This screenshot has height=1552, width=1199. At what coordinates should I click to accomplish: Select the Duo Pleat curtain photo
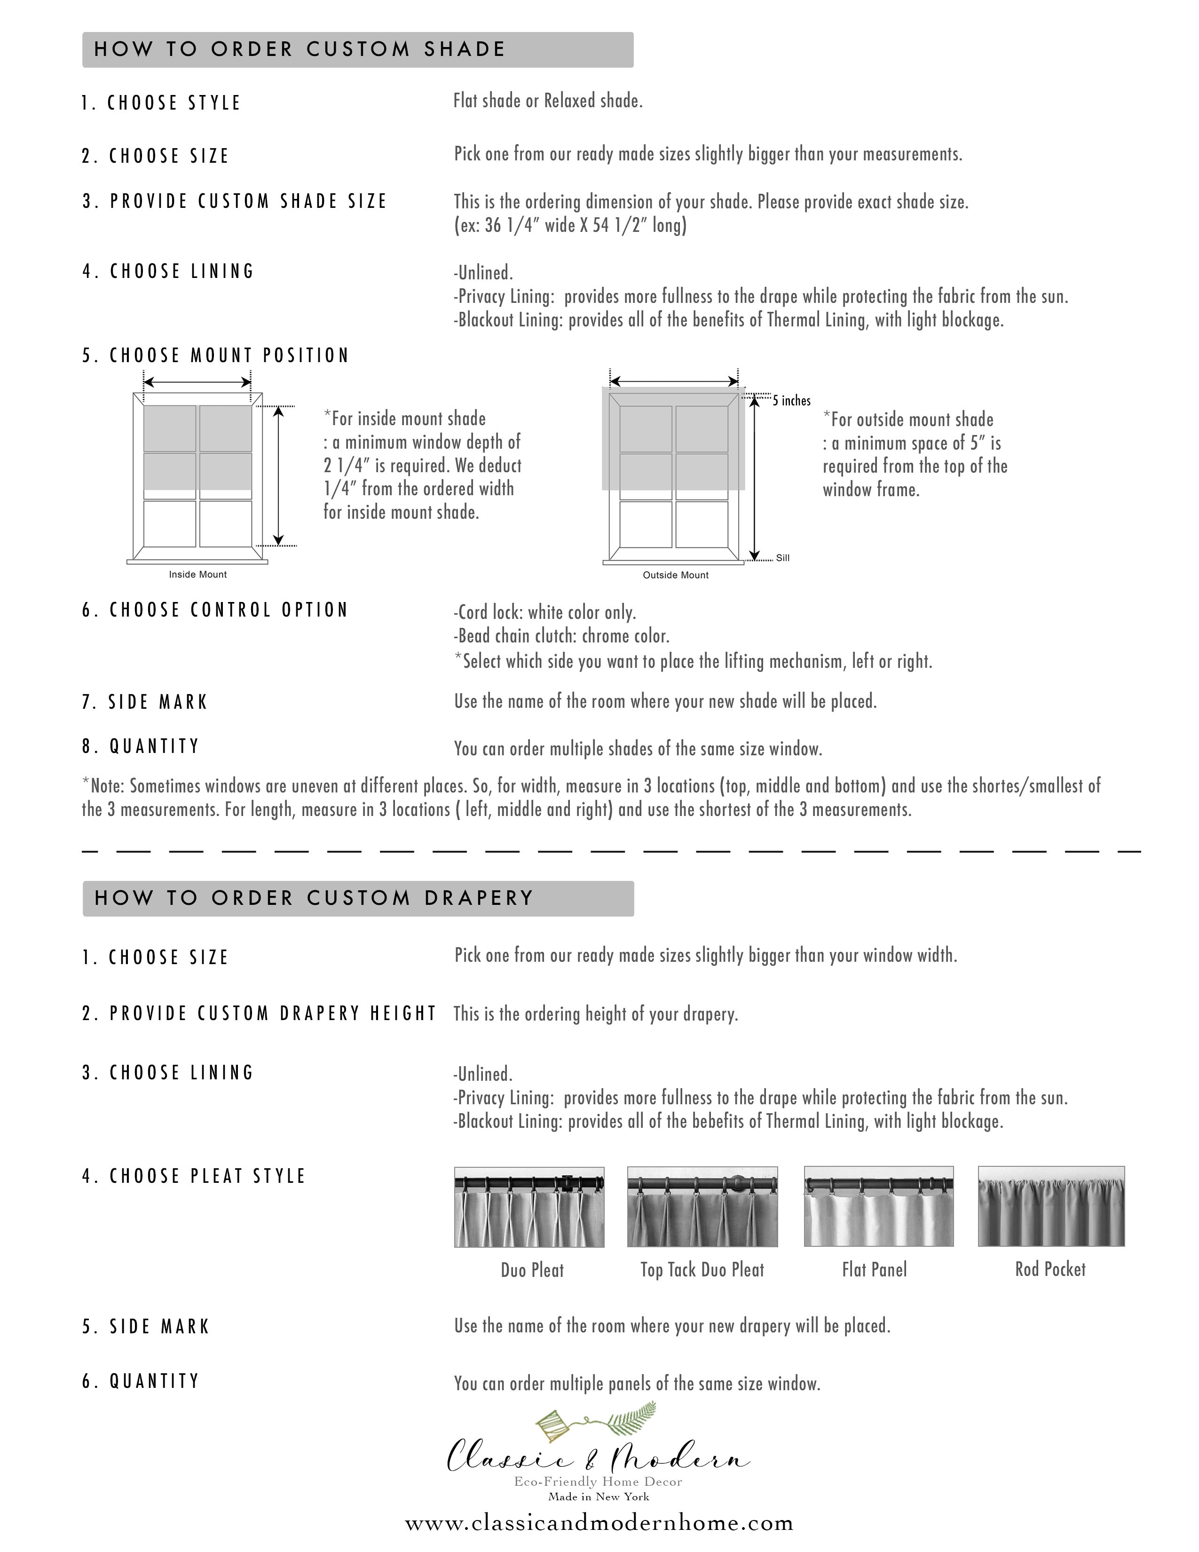(x=529, y=1207)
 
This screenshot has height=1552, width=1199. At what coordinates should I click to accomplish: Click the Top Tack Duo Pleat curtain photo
(x=702, y=1207)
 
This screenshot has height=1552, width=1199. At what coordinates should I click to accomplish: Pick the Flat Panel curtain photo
(x=879, y=1207)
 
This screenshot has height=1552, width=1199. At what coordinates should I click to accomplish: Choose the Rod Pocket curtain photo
(x=1051, y=1207)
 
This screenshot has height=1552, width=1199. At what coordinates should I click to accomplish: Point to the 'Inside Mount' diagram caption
(x=197, y=574)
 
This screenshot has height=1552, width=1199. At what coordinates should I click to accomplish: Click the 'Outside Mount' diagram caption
(x=676, y=575)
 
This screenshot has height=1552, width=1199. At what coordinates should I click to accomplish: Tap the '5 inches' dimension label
(x=791, y=401)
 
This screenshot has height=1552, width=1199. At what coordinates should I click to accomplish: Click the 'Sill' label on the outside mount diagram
(x=783, y=558)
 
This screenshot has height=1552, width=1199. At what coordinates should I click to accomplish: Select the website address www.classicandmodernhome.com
(x=599, y=1523)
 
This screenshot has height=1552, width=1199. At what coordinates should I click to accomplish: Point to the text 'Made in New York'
(x=598, y=1497)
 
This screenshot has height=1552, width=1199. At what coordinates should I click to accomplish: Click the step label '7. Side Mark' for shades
(x=144, y=702)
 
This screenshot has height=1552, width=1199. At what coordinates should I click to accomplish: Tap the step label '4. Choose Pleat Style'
(x=193, y=1176)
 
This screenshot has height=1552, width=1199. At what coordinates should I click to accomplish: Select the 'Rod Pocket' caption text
(x=1050, y=1269)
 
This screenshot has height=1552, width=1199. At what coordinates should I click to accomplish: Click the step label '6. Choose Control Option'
(x=214, y=610)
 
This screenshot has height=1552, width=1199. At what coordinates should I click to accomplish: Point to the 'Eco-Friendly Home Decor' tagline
(x=598, y=1481)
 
